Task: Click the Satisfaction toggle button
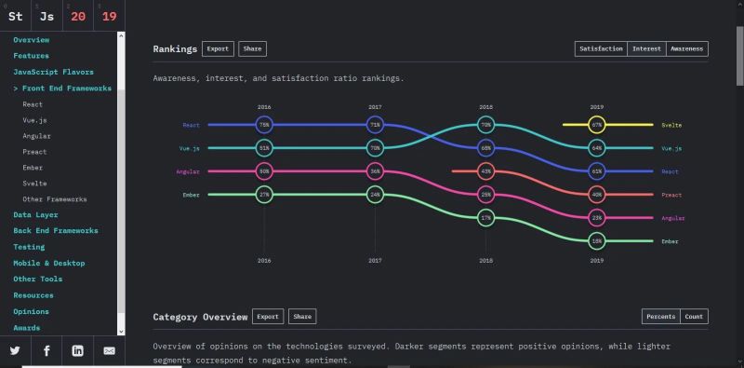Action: tap(601, 48)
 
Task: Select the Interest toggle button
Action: tap(646, 48)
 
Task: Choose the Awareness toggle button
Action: tap(686, 48)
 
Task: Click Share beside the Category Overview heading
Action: tap(302, 317)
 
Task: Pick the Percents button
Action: tap(660, 317)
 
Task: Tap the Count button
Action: tap(694, 317)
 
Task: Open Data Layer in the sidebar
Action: tap(35, 214)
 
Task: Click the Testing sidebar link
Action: tap(29, 247)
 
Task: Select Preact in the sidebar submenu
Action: tap(34, 151)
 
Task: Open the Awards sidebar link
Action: tap(28, 327)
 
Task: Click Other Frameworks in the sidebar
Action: tap(55, 198)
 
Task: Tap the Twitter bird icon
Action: tap(15, 350)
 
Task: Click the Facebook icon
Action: tap(46, 350)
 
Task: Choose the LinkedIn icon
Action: tap(77, 350)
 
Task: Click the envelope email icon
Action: tap(109, 350)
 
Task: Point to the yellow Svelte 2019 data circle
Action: tap(597, 124)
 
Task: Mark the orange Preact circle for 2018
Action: tap(485, 171)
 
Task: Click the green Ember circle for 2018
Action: tap(485, 217)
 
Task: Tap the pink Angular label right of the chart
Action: tap(672, 217)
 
